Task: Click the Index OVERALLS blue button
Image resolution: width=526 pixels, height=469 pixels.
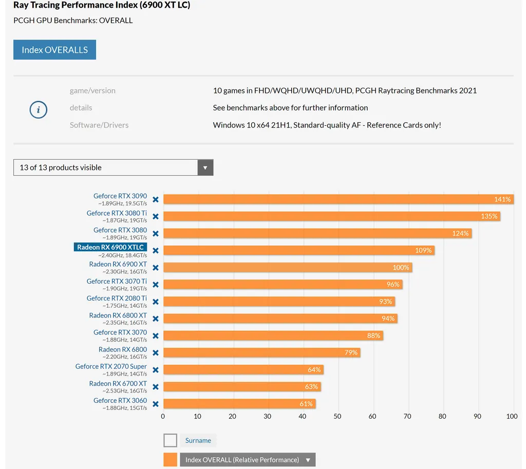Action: pos(54,50)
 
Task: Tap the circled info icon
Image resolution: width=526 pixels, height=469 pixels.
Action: pos(39,109)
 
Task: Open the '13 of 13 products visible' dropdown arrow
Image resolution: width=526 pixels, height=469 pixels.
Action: pos(205,167)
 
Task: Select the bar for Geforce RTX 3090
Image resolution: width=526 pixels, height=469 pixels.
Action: pos(329,199)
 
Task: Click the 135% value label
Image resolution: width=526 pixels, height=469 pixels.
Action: pos(489,216)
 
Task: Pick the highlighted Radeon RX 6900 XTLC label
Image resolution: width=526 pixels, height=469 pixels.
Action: pos(110,247)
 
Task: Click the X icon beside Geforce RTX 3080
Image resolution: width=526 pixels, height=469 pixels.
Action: pos(156,234)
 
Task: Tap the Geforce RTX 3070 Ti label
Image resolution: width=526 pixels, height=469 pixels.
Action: pos(117,281)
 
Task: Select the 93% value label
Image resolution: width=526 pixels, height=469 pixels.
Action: pos(386,302)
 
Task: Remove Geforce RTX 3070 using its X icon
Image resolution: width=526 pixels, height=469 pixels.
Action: pos(156,336)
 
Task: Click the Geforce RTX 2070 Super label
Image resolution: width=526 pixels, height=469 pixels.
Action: pos(111,366)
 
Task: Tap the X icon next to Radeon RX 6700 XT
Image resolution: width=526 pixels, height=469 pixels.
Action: pos(156,387)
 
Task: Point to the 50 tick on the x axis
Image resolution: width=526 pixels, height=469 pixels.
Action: pos(337,416)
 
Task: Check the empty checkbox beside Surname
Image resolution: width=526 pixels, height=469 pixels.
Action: pos(171,440)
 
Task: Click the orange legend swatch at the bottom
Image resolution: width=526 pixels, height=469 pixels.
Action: pos(171,460)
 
